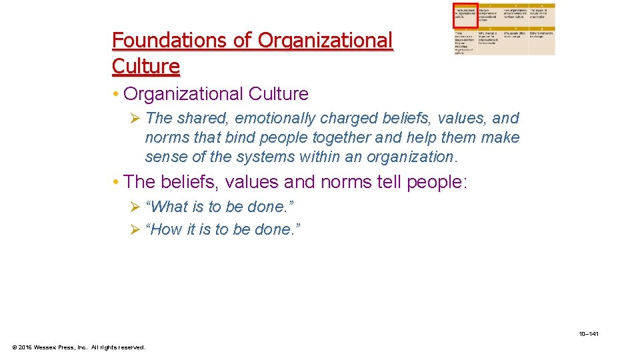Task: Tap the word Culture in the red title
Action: pyautogui.click(x=146, y=67)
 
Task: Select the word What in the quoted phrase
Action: pyautogui.click(x=169, y=207)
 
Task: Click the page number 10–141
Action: pyautogui.click(x=589, y=333)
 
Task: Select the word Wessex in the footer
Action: pyautogui.click(x=49, y=347)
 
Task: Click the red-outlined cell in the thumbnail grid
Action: pyautogui.click(x=465, y=15)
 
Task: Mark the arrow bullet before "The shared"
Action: pyautogui.click(x=135, y=119)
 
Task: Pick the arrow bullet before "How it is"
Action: pyautogui.click(x=135, y=231)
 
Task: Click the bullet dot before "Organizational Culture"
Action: pyautogui.click(x=116, y=94)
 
